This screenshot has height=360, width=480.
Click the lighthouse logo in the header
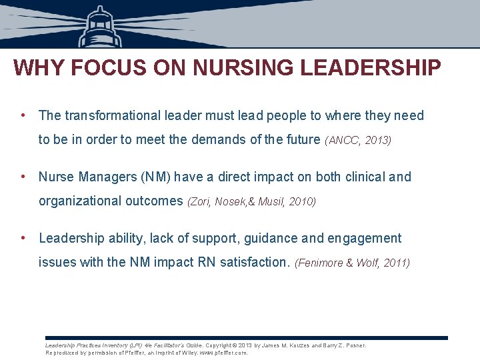tap(101, 27)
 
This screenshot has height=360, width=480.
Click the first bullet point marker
tap(23, 115)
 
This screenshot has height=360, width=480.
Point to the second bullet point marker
tap(23, 176)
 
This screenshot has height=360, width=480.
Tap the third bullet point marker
tap(23, 237)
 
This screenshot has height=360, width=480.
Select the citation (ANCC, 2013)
tap(359, 140)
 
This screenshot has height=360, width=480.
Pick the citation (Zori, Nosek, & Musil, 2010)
tap(251, 201)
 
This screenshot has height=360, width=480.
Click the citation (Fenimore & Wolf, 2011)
tap(352, 263)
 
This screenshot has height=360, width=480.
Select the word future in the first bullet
tap(300, 139)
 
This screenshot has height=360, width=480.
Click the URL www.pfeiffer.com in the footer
tap(223, 353)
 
